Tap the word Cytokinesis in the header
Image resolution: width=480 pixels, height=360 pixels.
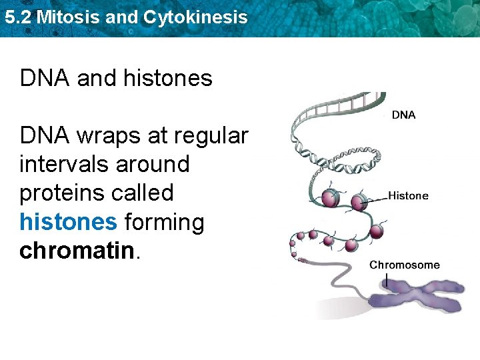click(x=193, y=17)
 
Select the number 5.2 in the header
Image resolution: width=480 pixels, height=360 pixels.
click(x=17, y=17)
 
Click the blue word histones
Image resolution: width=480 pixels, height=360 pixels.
click(x=68, y=222)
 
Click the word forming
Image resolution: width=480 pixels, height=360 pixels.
click(x=164, y=222)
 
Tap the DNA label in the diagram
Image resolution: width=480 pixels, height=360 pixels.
click(x=403, y=115)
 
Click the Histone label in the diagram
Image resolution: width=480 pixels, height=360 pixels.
click(x=408, y=196)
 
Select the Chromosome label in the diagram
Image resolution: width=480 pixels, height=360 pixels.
click(x=405, y=265)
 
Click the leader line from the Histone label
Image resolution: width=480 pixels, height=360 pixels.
click(x=376, y=198)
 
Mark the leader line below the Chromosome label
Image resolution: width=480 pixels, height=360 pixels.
click(x=386, y=279)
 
